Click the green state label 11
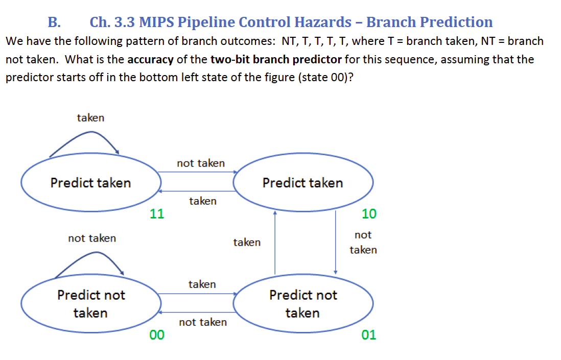(x=157, y=213)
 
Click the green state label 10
(x=368, y=213)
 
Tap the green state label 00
(x=157, y=334)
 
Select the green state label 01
(x=368, y=334)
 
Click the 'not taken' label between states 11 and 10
(x=200, y=163)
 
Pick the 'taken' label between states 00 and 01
(x=202, y=284)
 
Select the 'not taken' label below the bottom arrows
(x=203, y=322)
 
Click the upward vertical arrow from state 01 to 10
(x=275, y=243)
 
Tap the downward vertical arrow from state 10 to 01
(x=335, y=243)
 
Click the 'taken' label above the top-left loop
(x=90, y=118)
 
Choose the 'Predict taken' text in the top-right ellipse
(x=302, y=183)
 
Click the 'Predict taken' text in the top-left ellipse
(x=90, y=183)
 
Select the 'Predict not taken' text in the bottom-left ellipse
(x=90, y=304)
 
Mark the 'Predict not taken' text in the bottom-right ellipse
(x=302, y=304)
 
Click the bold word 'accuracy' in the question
(x=150, y=59)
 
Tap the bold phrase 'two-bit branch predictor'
(x=276, y=59)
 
